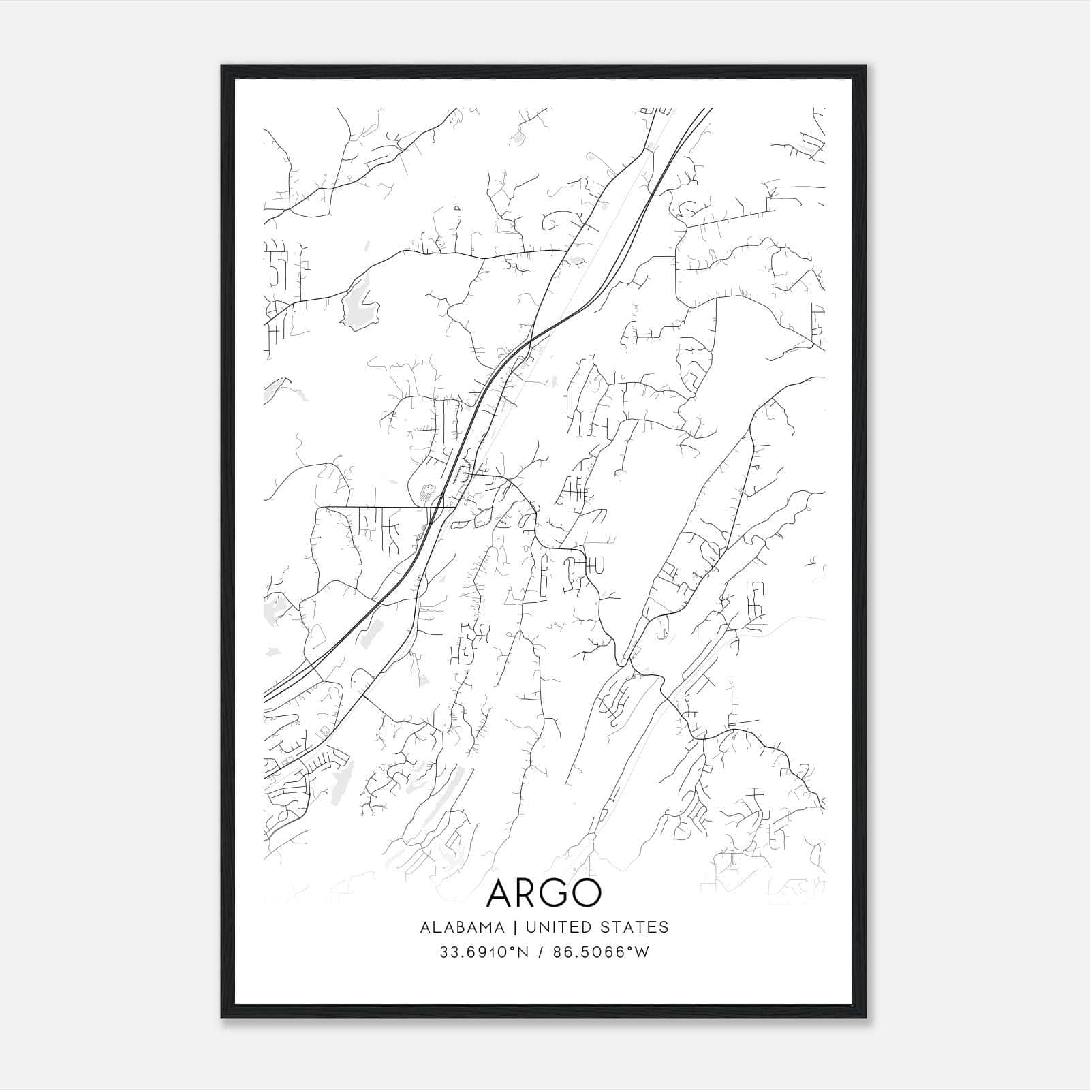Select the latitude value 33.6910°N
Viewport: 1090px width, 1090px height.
(484, 952)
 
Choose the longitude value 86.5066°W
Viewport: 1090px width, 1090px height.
(606, 952)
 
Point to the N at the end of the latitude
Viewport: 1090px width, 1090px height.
(524, 952)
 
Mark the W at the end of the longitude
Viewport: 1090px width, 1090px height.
(642, 952)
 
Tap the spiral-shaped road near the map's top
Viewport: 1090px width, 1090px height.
(563, 219)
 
